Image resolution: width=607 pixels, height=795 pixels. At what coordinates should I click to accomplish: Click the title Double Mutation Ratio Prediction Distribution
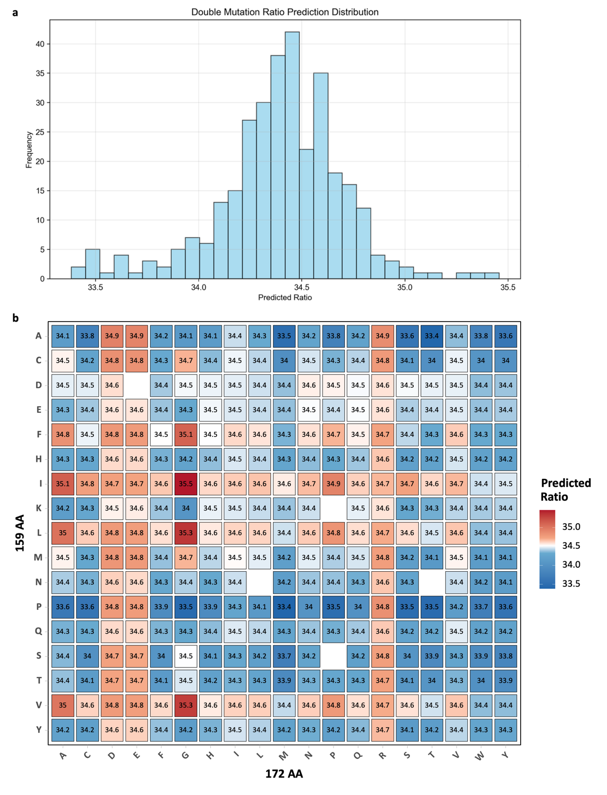click(x=284, y=12)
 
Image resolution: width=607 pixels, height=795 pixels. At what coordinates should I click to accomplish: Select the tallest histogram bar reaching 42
click(x=292, y=156)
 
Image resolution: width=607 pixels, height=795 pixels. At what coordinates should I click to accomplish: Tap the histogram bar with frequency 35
click(x=320, y=176)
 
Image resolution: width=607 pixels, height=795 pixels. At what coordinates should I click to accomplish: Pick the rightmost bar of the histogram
click(x=492, y=276)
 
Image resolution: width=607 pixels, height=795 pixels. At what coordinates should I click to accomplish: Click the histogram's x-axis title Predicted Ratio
click(x=284, y=298)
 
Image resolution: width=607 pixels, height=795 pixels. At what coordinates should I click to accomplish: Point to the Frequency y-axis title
click(x=29, y=150)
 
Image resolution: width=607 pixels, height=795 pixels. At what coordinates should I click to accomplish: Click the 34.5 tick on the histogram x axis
click(x=301, y=288)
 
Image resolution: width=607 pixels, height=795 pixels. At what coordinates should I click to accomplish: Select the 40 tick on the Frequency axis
click(x=40, y=44)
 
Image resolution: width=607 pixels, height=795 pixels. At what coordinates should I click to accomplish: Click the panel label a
click(x=15, y=12)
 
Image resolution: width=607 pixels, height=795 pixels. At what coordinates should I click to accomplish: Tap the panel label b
click(x=15, y=318)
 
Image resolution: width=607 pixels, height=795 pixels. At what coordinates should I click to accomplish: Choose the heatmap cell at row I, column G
click(x=186, y=484)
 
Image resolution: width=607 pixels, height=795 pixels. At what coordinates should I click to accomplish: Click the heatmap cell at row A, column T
click(x=431, y=336)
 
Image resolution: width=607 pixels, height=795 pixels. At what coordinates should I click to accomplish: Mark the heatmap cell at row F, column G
click(x=186, y=435)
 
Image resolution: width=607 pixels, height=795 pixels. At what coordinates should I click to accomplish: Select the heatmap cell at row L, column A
click(x=63, y=533)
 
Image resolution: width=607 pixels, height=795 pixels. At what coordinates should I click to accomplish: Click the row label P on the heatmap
click(x=39, y=607)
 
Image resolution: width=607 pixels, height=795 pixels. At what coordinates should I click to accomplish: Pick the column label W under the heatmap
click(x=480, y=756)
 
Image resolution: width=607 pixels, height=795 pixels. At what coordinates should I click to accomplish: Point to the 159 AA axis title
click(x=20, y=533)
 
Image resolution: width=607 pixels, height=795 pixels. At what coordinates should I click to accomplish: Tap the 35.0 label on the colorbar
click(x=571, y=527)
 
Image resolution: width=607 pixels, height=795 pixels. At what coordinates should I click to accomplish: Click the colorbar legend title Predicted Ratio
click(x=566, y=490)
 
